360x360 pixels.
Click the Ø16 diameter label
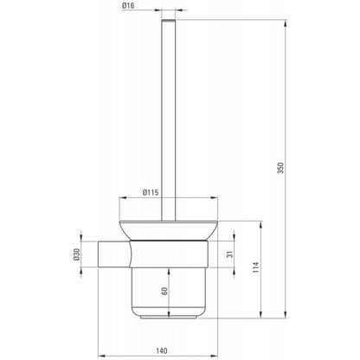click(x=128, y=5)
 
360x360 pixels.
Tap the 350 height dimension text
click(x=280, y=168)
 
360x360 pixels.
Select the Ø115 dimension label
click(x=151, y=192)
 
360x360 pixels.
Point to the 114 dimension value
click(x=256, y=267)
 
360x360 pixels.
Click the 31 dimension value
click(x=230, y=254)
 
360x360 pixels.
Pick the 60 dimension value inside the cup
click(x=164, y=291)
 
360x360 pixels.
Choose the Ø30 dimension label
click(x=76, y=254)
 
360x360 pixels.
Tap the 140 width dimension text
click(x=162, y=351)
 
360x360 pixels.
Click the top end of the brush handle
click(x=169, y=20)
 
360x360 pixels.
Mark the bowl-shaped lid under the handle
click(x=169, y=230)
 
